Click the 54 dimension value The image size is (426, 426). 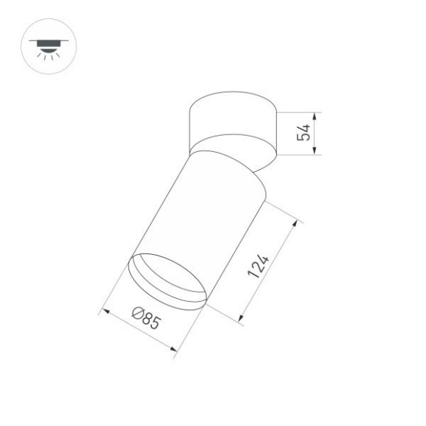click(301, 133)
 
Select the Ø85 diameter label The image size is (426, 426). click(145, 318)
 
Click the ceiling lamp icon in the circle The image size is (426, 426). click(49, 46)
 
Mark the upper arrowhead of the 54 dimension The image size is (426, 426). click(314, 116)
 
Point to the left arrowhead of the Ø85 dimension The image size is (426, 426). click(104, 312)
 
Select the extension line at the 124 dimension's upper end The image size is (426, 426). click(283, 209)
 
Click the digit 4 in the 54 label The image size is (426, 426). click(301, 128)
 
